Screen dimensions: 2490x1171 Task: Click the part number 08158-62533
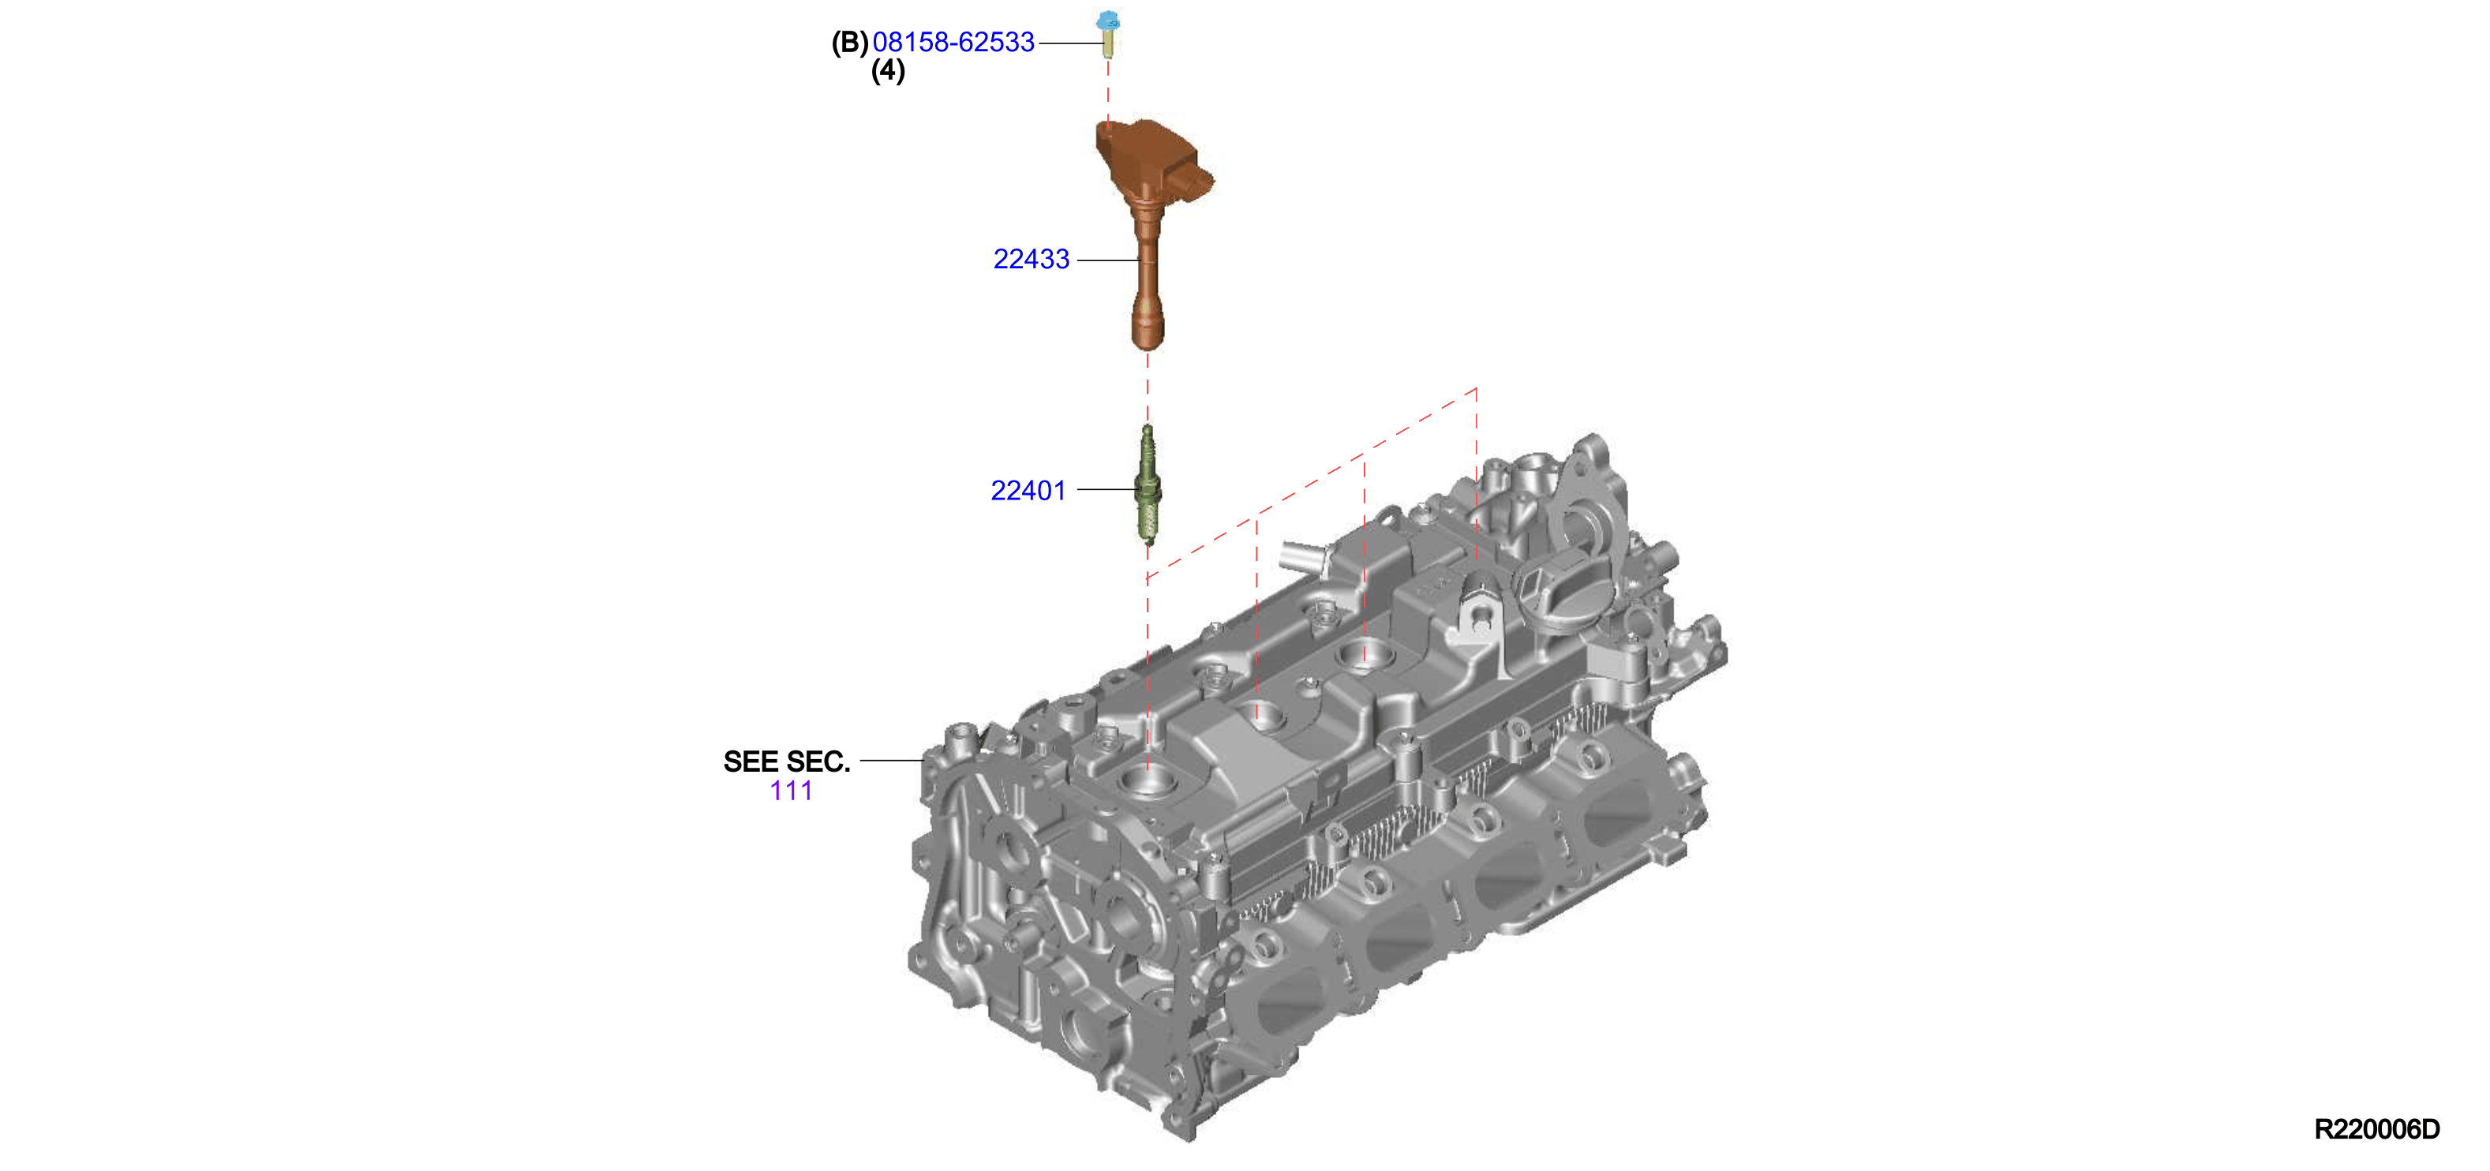coord(953,43)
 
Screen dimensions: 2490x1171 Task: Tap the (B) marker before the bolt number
coord(850,43)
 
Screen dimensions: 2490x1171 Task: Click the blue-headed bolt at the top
coord(1108,34)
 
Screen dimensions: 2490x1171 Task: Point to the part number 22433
coord(1032,259)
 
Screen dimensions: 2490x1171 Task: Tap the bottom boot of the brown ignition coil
coord(1148,324)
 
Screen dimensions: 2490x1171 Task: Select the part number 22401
coord(1028,491)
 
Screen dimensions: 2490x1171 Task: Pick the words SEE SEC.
coord(787,761)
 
